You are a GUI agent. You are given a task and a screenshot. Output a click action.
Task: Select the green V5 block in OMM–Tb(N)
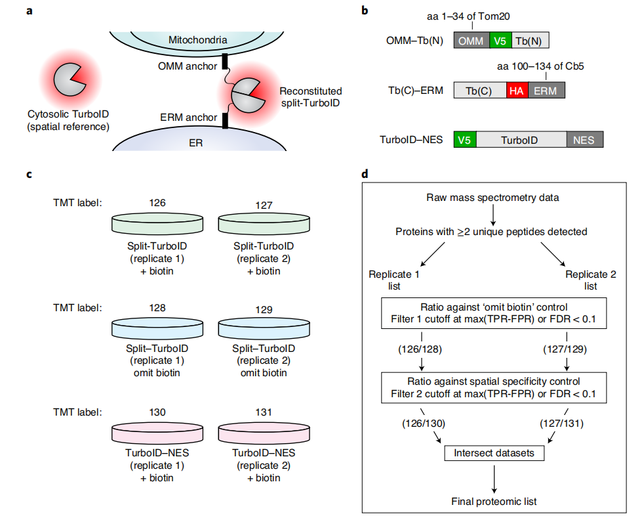pos(499,41)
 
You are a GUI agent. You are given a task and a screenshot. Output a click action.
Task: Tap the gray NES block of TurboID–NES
pos(584,139)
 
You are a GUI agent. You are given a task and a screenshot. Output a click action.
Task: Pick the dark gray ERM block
pos(546,91)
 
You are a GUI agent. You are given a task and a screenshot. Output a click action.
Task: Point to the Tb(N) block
pos(529,41)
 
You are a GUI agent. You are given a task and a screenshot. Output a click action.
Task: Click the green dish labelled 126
pos(157,222)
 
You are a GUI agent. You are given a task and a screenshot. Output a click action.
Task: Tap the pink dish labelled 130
pos(157,433)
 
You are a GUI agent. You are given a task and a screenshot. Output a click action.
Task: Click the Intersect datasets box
pos(493,452)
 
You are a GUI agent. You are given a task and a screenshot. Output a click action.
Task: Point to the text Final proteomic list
pos(493,502)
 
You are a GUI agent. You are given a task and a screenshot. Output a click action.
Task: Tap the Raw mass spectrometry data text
pos(493,197)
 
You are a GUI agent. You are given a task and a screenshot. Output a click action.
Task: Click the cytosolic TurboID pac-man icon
pos(68,79)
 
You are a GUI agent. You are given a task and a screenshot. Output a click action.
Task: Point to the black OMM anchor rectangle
pos(225,62)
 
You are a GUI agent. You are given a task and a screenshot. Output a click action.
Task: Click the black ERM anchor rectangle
pos(224,120)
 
